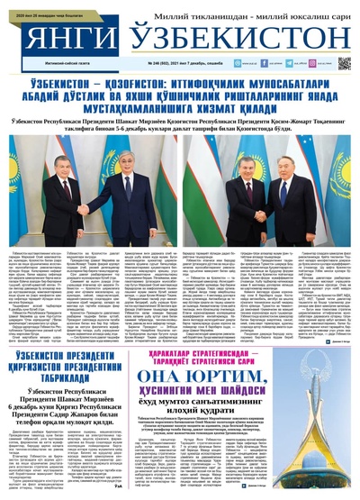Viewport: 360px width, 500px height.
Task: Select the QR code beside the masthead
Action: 344,64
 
